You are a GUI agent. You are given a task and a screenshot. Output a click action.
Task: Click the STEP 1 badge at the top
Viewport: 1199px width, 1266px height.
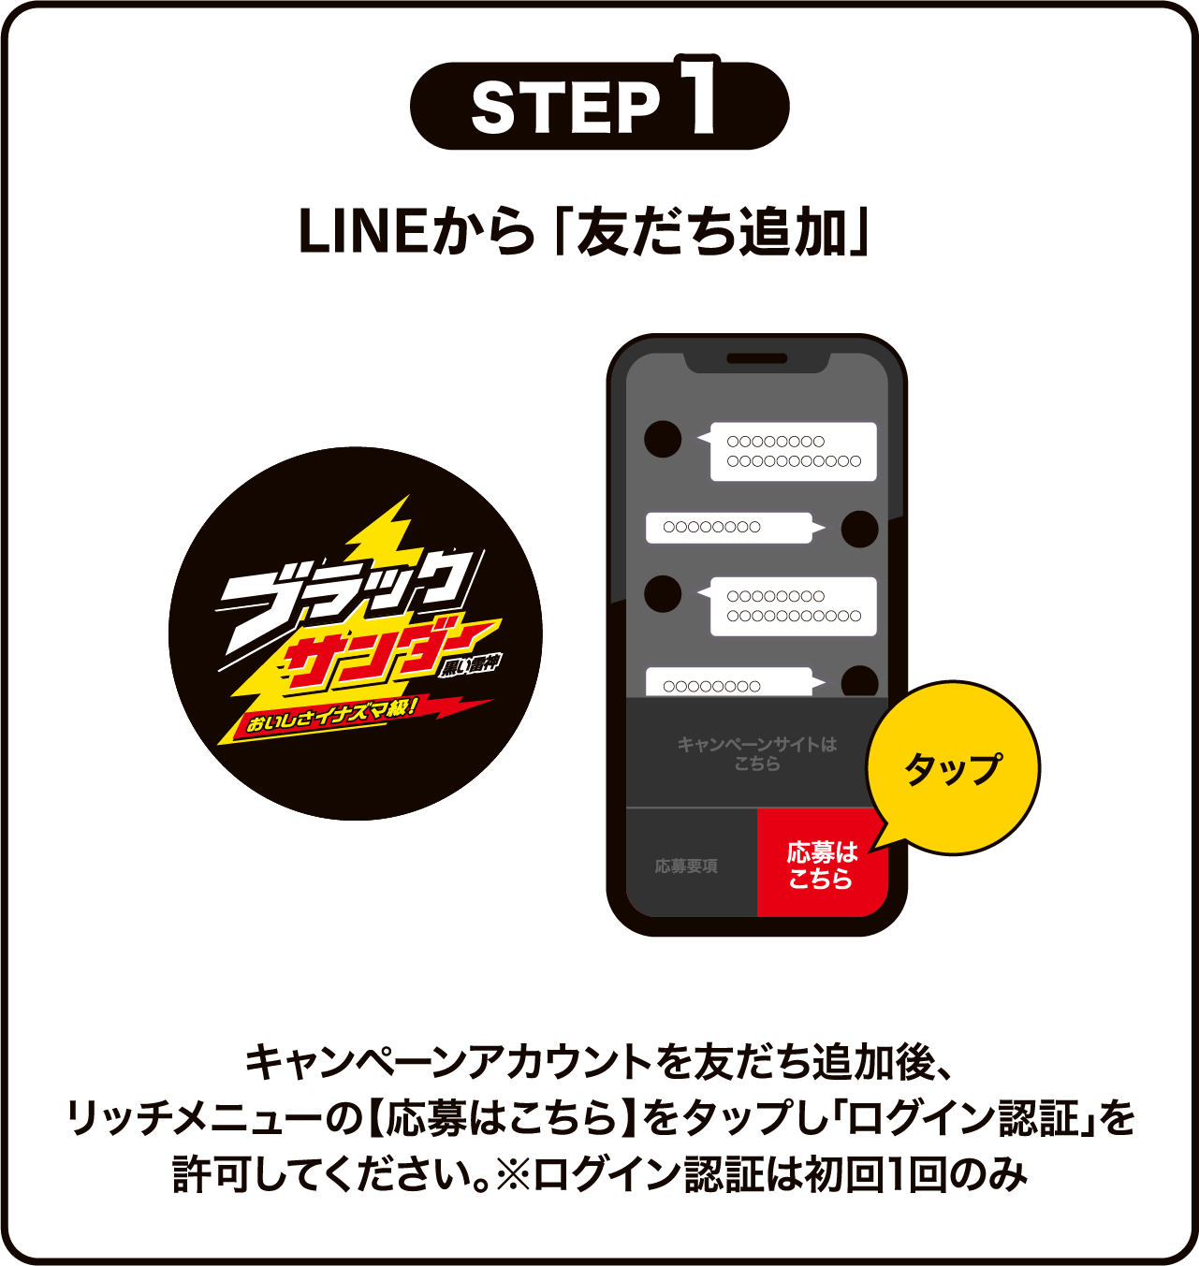click(599, 105)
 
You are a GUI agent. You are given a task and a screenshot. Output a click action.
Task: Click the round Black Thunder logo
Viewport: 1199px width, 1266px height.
click(356, 633)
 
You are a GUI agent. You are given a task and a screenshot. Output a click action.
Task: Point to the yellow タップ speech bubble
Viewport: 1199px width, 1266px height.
click(953, 768)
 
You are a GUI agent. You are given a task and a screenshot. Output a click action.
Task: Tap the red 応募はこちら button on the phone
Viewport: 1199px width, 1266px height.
click(821, 865)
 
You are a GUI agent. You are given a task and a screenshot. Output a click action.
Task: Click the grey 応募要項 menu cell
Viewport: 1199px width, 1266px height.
click(686, 866)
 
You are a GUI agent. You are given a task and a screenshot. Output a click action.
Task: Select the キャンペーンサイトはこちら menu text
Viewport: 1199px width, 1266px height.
click(756, 753)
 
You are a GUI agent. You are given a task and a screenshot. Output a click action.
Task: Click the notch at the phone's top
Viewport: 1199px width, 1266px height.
click(757, 359)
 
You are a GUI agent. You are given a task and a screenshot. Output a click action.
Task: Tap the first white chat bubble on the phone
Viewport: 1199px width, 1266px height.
click(793, 452)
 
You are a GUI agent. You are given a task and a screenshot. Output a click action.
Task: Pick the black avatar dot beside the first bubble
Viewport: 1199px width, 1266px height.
click(663, 439)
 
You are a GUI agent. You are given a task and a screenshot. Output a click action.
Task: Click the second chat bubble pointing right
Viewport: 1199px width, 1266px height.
click(728, 528)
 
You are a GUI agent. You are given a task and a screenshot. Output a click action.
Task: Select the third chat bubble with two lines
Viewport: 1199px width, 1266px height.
click(793, 606)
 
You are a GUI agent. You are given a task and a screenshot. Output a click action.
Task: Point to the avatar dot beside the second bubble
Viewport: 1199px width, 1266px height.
click(859, 529)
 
